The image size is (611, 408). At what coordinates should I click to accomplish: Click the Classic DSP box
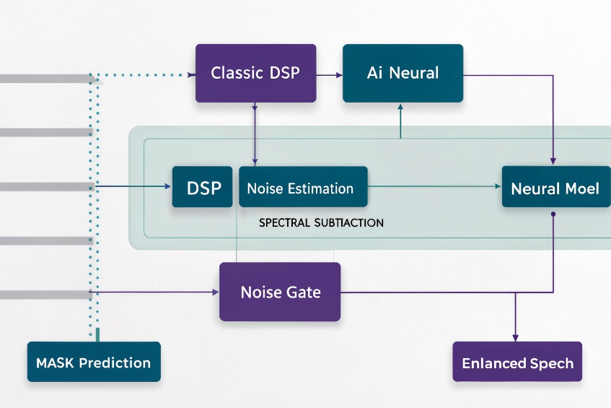pos(255,73)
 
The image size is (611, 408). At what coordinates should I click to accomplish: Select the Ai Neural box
pos(403,73)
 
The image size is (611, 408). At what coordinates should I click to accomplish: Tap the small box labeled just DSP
pos(203,187)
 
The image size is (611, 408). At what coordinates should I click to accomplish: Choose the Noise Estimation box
pos(302,188)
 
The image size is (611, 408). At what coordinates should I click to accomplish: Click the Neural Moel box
pos(555,188)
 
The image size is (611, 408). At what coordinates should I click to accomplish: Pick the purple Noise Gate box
pos(280,292)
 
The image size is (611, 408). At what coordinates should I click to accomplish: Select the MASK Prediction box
pos(93,361)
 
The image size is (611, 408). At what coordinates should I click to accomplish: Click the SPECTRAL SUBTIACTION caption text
pos(321,223)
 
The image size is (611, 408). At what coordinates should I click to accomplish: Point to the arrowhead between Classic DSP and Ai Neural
pos(338,74)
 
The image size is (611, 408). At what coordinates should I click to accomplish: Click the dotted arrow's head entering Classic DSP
pos(191,74)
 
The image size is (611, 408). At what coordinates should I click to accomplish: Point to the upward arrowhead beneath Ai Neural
pos(400,106)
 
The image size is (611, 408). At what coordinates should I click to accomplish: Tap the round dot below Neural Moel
pos(553,214)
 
